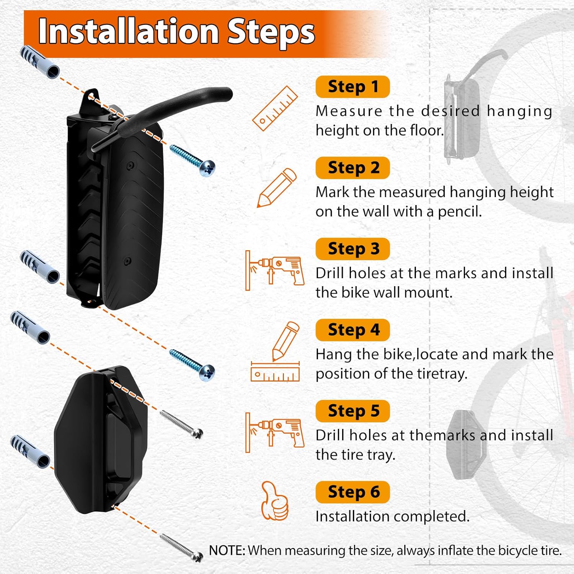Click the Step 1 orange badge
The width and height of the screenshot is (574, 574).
coord(352,87)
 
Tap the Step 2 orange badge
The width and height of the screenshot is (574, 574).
coord(352,168)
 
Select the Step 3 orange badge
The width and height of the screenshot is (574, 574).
coord(352,249)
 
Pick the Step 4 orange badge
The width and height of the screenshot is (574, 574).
coord(352,330)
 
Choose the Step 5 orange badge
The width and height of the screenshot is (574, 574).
coord(352,411)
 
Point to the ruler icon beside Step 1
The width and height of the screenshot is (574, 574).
coord(275,109)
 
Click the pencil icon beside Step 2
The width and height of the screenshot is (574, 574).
coord(277,188)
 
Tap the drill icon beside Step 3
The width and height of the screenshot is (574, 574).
coord(275,271)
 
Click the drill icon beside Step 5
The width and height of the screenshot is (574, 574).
coord(275,432)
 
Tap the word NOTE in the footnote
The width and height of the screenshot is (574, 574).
coord(227,550)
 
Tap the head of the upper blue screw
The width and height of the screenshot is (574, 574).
coord(207,168)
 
